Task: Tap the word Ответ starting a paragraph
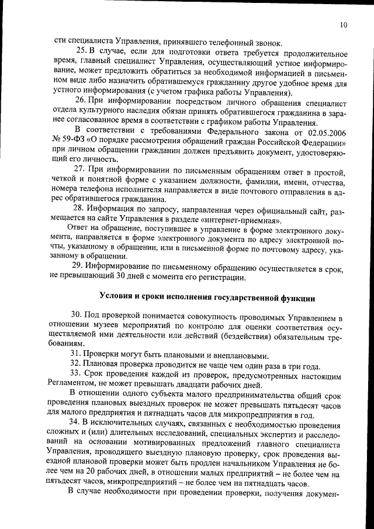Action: point(79,227)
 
